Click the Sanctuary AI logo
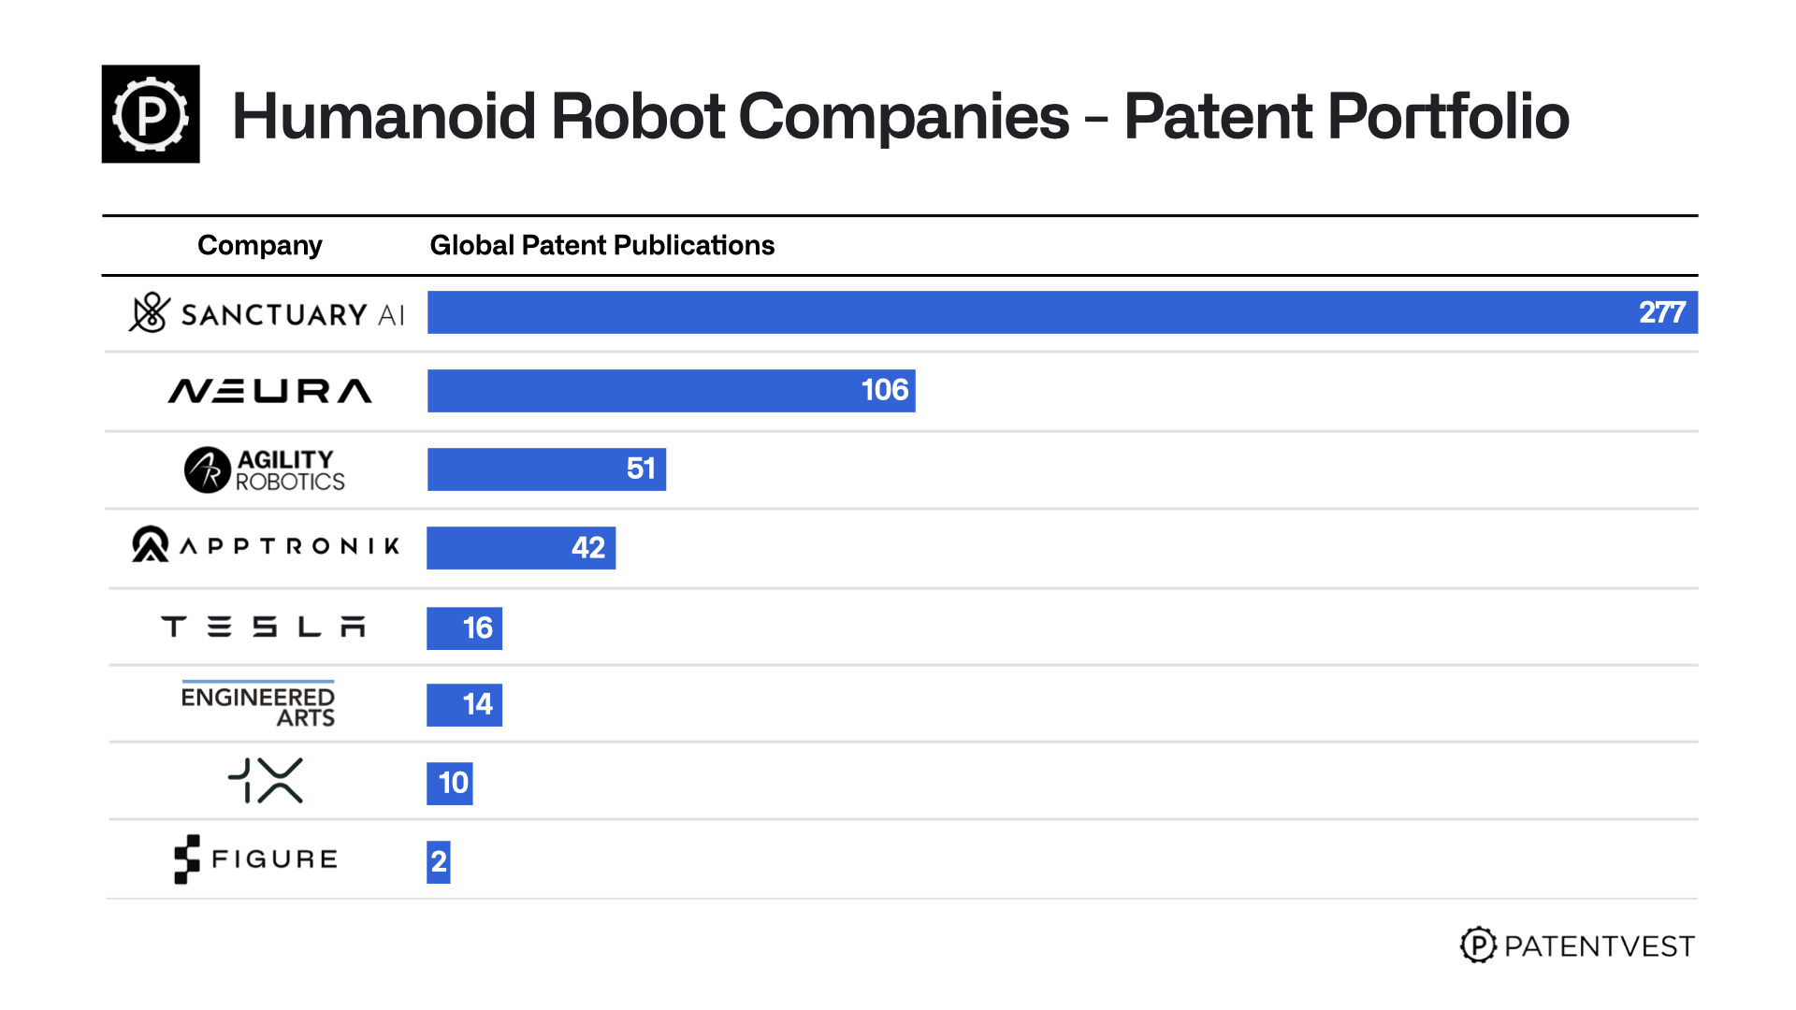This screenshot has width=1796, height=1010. click(267, 313)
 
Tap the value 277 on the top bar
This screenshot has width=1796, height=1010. click(1661, 312)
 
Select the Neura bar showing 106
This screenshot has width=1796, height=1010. click(671, 391)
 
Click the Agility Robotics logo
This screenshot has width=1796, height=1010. click(265, 469)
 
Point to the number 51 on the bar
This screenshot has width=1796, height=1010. click(641, 469)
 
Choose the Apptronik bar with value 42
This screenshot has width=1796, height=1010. click(521, 548)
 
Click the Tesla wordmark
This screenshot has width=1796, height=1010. click(263, 627)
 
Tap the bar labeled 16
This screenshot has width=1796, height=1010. click(465, 628)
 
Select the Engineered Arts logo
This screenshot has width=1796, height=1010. click(258, 705)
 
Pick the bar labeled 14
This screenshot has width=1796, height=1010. click(465, 705)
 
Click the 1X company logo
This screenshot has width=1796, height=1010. click(266, 781)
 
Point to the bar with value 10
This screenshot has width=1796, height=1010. click(450, 784)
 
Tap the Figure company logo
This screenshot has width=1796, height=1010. click(256, 858)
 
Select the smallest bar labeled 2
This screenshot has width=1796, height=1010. click(439, 861)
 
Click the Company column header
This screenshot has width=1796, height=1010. click(260, 245)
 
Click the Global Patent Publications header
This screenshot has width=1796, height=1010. click(601, 245)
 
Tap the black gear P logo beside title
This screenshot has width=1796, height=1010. click(151, 114)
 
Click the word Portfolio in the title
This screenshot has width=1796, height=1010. click(1448, 117)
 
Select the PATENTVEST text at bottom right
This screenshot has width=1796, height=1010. click(1599, 946)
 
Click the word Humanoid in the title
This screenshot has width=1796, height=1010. click(384, 117)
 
